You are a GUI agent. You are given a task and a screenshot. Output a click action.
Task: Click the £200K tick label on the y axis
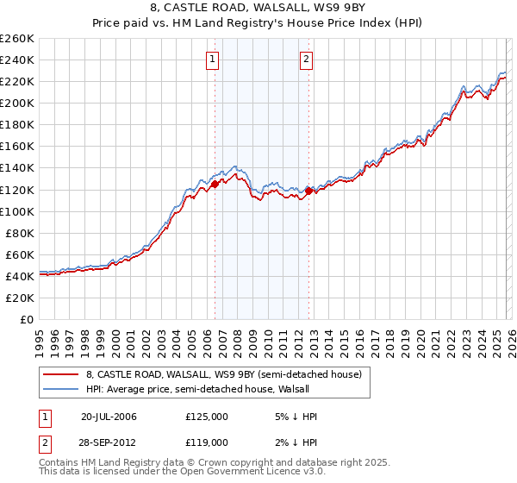(x=17, y=103)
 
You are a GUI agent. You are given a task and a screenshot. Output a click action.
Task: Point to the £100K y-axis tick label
(x=17, y=211)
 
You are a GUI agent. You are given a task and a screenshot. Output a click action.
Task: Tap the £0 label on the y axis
(x=26, y=319)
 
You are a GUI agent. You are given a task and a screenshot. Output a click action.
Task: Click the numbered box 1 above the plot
(x=213, y=60)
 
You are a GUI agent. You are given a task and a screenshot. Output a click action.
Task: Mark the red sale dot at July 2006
(x=215, y=184)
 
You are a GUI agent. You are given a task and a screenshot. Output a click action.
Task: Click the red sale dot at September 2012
(x=308, y=190)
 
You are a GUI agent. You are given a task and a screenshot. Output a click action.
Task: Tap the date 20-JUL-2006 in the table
(x=109, y=417)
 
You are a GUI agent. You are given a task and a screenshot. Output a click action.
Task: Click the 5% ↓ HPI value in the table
(x=293, y=417)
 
